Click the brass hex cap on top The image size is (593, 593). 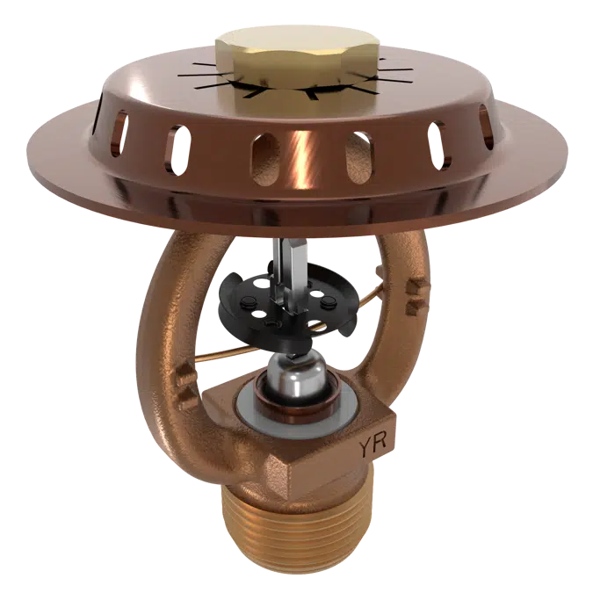click(278, 54)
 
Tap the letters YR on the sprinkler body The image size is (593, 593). click(371, 446)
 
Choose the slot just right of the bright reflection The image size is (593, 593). click(358, 153)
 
